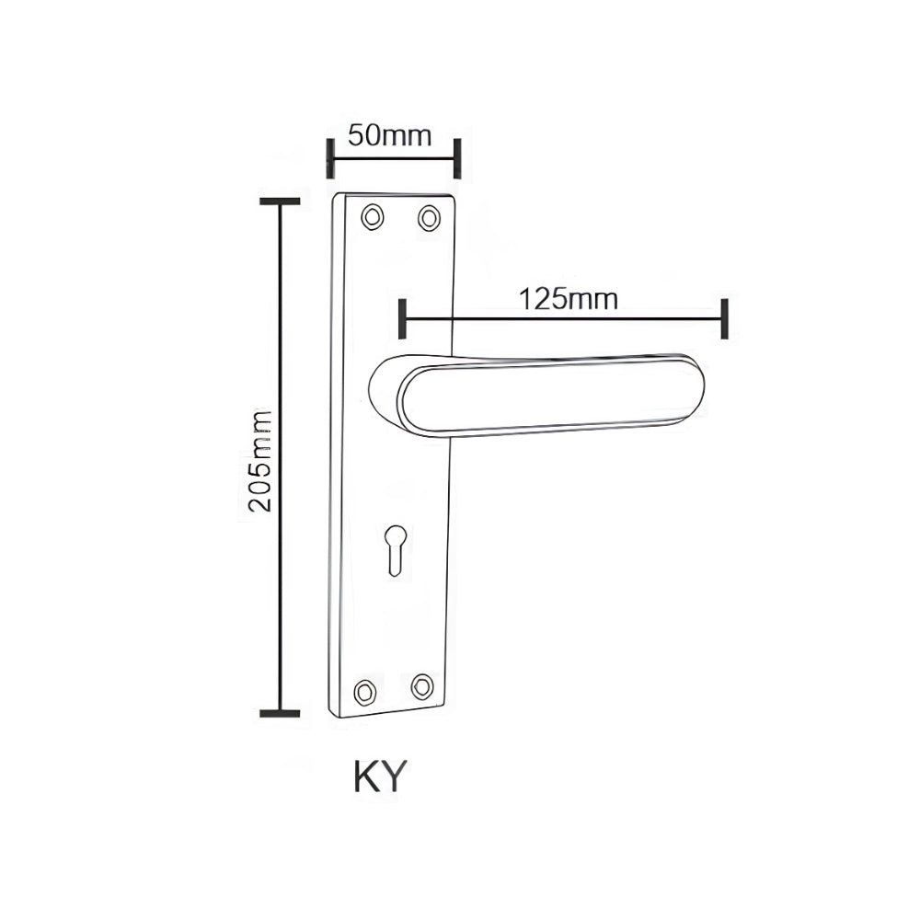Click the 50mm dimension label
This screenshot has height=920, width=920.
389,135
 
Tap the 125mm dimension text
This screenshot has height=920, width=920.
569,299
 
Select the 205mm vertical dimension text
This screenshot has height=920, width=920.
260,461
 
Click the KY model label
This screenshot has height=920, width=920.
380,776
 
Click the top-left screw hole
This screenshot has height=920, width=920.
373,217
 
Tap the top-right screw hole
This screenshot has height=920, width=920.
429,218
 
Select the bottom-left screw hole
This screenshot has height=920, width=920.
365,693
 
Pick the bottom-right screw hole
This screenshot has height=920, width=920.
422,686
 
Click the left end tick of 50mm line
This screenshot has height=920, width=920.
330,158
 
